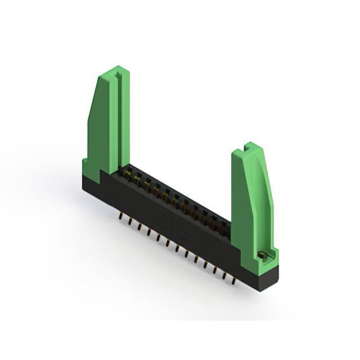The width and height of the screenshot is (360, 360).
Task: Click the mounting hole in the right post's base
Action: [262, 256]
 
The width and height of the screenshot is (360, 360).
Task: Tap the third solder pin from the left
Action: [139, 226]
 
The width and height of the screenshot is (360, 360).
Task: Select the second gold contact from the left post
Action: [137, 178]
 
